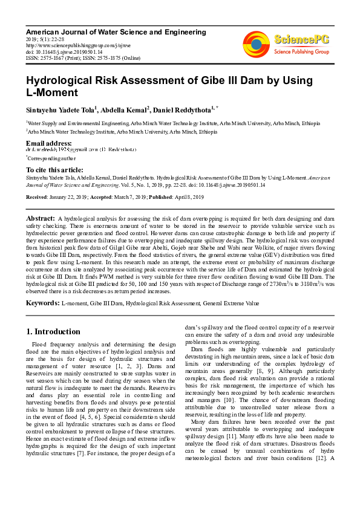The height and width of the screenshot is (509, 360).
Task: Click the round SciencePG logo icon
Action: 256,42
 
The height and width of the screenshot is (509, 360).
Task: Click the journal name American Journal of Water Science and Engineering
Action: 116,31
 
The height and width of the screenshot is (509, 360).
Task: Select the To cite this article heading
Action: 54,170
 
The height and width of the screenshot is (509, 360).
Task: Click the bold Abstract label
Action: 40,217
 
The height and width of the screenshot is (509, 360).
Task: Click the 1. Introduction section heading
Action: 54,332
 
